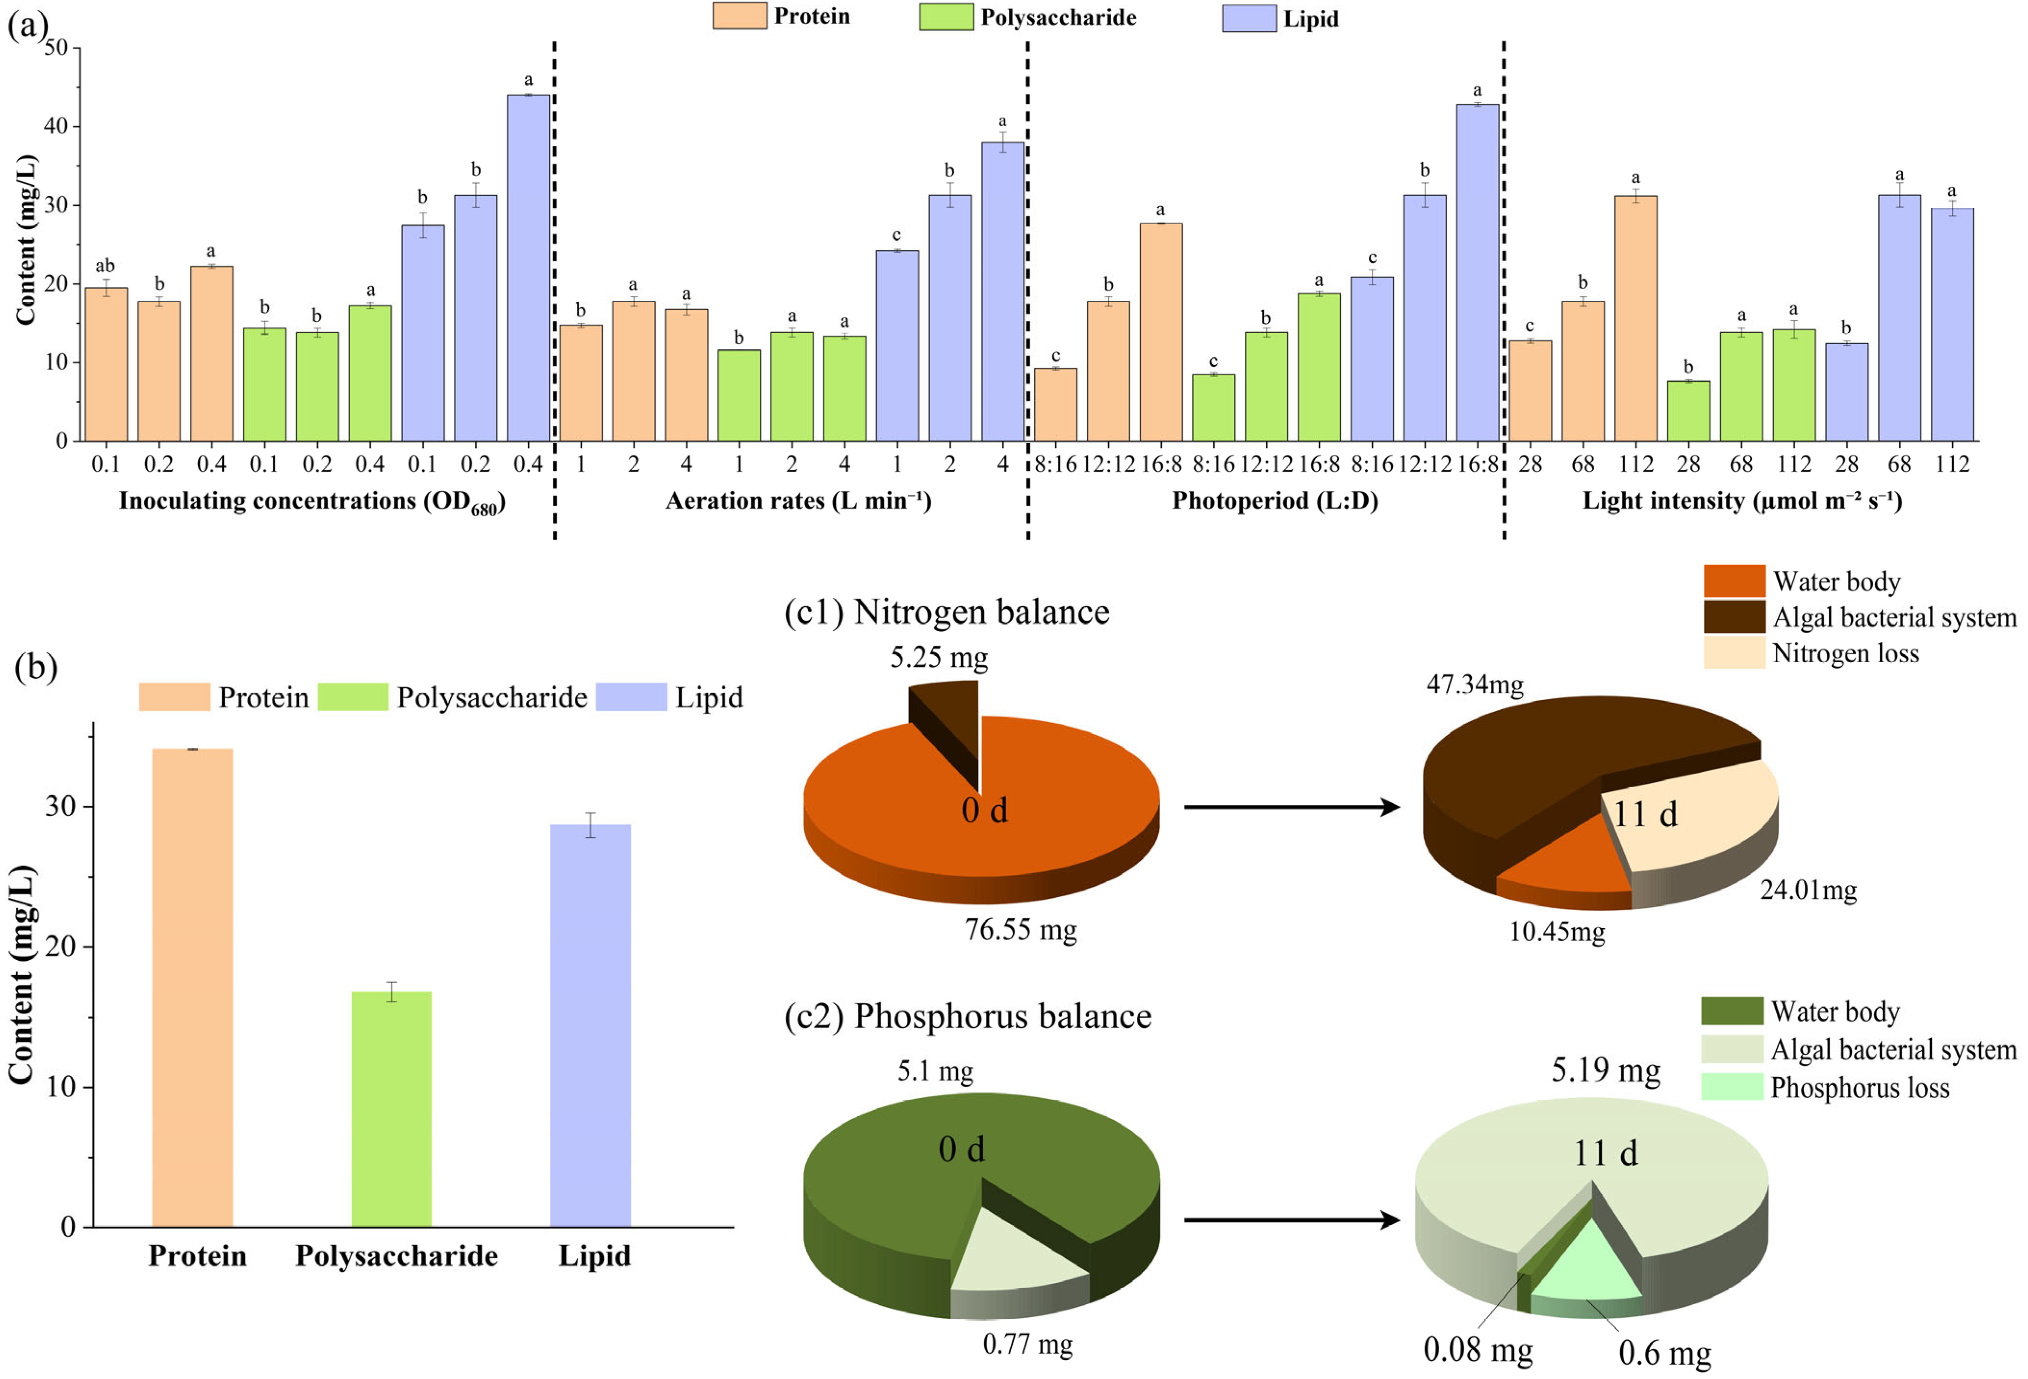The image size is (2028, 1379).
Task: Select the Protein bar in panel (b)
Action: click(193, 986)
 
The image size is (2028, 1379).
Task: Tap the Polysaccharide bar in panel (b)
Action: click(391, 1109)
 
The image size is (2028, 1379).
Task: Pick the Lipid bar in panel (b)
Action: click(590, 1025)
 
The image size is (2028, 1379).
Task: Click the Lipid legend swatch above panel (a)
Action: click(1248, 18)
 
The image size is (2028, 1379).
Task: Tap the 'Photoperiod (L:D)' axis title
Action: click(1274, 501)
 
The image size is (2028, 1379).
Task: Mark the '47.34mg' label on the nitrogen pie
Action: click(1475, 684)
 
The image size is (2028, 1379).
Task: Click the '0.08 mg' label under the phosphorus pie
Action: click(1478, 1350)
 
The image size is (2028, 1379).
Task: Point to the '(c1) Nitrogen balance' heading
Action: click(947, 612)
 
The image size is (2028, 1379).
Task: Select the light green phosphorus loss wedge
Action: click(1588, 1265)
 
